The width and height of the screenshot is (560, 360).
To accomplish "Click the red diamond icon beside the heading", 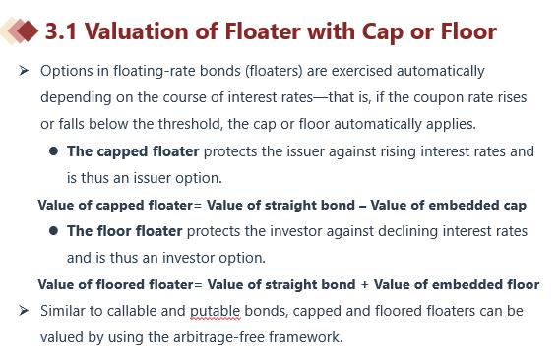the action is [27, 31].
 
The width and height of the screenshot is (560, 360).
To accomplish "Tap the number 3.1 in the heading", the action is [61, 31].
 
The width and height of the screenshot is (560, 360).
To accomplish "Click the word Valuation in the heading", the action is [136, 31].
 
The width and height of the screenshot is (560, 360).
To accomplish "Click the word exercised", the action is [361, 71].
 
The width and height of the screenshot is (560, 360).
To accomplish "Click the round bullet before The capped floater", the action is [53, 151].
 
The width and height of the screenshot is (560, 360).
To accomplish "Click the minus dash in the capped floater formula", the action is [363, 206].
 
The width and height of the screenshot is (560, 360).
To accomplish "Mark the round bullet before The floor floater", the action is [53, 231].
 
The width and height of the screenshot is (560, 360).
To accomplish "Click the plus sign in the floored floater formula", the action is [364, 284].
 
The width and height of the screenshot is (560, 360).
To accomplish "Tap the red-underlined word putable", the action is [215, 311].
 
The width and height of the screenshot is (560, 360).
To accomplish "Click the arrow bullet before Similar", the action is [24, 311].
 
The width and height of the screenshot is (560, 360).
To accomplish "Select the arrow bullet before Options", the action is [24, 70].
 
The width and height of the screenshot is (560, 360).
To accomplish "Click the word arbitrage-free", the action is [218, 337].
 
